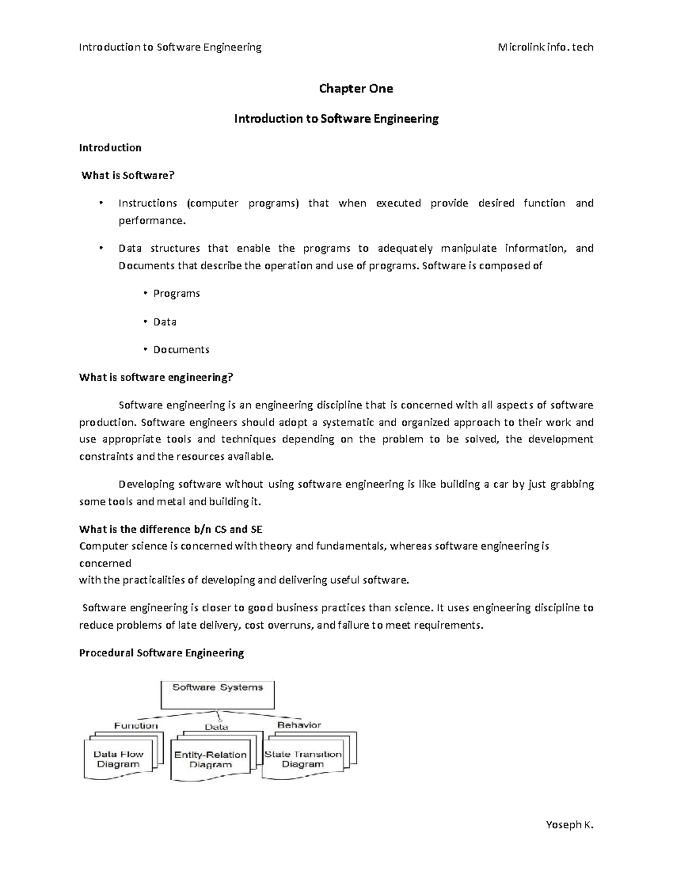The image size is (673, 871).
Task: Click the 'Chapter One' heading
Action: pyautogui.click(x=356, y=89)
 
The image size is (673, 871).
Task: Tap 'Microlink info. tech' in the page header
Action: pyautogui.click(x=545, y=47)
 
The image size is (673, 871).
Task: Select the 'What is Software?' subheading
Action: pyautogui.click(x=128, y=176)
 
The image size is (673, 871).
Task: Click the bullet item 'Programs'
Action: pyautogui.click(x=176, y=294)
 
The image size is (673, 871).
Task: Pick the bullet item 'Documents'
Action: pyautogui.click(x=181, y=350)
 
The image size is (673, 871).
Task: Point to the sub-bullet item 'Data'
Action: pyautogui.click(x=165, y=322)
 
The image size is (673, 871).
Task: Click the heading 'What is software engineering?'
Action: pyautogui.click(x=156, y=377)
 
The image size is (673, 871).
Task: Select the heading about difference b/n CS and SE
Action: pyautogui.click(x=170, y=529)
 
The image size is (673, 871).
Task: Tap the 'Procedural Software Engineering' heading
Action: pyautogui.click(x=162, y=653)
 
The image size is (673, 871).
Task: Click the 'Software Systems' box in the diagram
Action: pyautogui.click(x=218, y=694)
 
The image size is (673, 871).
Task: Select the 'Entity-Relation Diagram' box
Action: pyautogui.click(x=210, y=760)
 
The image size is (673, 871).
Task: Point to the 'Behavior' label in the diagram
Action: pyautogui.click(x=299, y=725)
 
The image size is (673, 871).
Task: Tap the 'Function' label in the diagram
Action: pyautogui.click(x=136, y=726)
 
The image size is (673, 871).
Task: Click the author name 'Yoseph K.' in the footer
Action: pyautogui.click(x=569, y=824)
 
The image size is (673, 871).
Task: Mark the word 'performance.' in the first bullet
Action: pyautogui.click(x=151, y=220)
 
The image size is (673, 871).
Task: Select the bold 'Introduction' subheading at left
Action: pyautogui.click(x=110, y=148)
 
